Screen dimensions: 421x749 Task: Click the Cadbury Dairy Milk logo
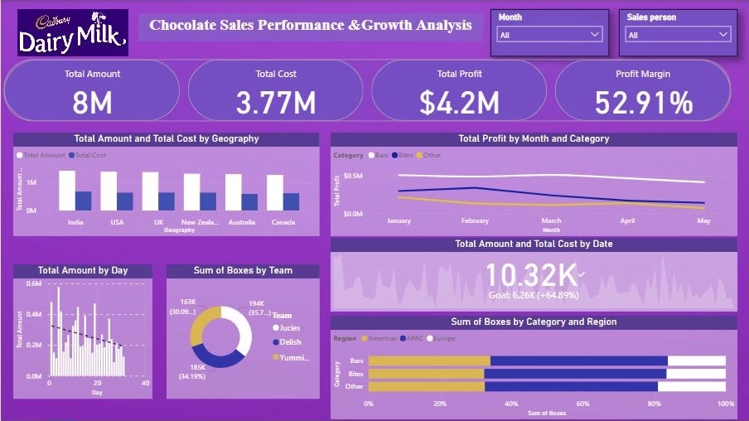[73, 32]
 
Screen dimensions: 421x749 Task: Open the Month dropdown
[548, 35]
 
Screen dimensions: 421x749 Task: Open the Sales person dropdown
[678, 35]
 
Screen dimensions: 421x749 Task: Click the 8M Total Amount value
[92, 103]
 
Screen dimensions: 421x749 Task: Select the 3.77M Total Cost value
[276, 103]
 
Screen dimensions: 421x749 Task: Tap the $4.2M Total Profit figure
[459, 103]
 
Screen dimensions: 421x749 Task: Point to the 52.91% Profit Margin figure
[643, 103]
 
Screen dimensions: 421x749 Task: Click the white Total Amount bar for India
[67, 191]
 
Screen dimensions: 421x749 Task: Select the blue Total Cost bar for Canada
[291, 201]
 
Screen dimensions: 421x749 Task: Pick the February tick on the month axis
[475, 221]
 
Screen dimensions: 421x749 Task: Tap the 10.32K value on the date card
[531, 273]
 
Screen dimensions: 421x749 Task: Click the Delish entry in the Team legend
[290, 342]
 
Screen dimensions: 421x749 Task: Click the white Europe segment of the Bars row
[696, 361]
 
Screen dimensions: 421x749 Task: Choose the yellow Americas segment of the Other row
[426, 386]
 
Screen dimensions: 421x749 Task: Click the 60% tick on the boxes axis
[583, 404]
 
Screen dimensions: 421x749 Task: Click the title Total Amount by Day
[83, 270]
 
